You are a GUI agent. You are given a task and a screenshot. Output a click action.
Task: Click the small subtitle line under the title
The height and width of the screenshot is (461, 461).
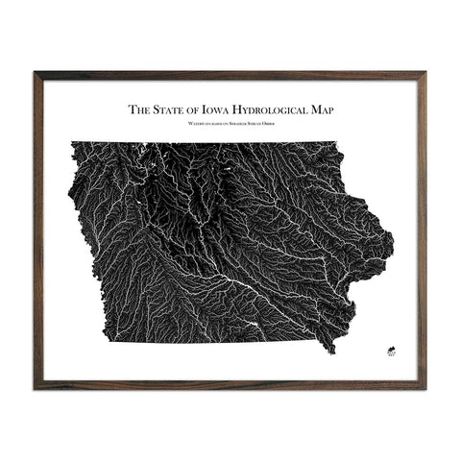(x=230, y=123)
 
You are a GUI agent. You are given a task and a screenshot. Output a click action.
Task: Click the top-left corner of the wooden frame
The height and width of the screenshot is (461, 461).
(x=35, y=73)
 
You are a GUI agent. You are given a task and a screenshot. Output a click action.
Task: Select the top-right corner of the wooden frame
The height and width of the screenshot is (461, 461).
(x=425, y=73)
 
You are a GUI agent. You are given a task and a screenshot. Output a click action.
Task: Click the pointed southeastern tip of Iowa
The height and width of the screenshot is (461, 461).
(x=334, y=352)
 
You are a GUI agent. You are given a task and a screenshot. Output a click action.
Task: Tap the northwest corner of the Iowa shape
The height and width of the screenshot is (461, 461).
(x=71, y=143)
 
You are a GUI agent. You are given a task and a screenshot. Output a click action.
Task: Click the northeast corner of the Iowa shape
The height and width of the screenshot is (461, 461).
(x=338, y=143)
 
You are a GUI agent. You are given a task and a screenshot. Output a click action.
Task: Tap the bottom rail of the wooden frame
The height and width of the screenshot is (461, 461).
(x=230, y=387)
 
